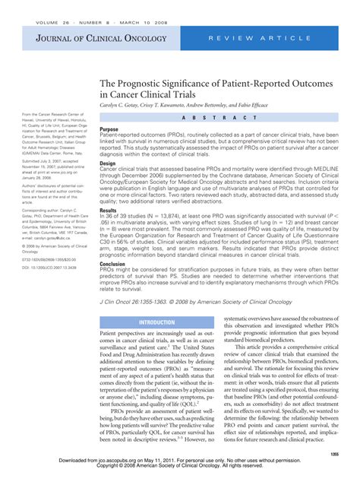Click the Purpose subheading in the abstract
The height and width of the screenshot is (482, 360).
[x=109, y=129]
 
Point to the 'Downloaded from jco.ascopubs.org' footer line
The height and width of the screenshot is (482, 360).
[x=180, y=471]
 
